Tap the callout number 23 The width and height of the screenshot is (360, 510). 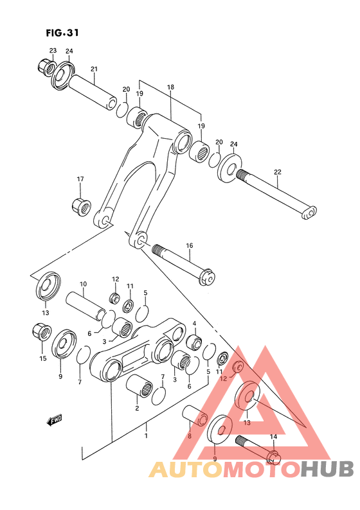(53, 51)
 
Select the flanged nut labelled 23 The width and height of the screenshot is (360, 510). (45, 67)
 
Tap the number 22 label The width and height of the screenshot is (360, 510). (277, 171)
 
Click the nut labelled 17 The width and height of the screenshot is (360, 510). (81, 207)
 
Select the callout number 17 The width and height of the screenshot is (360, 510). (80, 179)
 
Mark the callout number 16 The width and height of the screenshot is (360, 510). (189, 245)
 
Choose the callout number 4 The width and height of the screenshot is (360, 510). (194, 323)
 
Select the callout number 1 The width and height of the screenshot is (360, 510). (146, 436)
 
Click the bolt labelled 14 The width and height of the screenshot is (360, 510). (257, 448)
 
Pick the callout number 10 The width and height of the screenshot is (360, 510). (83, 284)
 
